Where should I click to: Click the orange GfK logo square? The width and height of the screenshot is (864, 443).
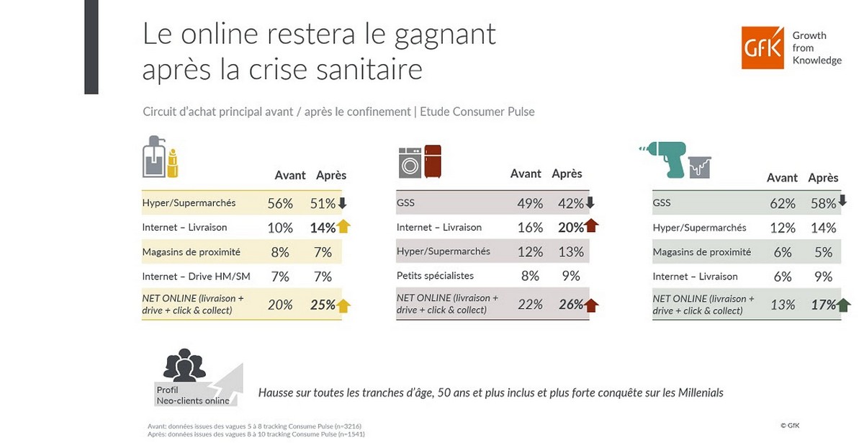(762, 48)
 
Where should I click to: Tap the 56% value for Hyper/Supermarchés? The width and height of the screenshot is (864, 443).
(280, 204)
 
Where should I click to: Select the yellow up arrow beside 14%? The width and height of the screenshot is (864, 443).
(343, 227)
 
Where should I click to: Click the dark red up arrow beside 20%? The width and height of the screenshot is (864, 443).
(591, 227)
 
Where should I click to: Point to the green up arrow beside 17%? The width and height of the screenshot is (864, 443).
(843, 305)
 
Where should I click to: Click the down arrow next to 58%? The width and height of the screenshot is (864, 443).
(842, 202)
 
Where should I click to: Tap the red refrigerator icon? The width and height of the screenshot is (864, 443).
(432, 161)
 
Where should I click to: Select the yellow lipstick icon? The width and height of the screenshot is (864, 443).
(172, 164)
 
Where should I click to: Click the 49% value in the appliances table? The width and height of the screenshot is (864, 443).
(529, 204)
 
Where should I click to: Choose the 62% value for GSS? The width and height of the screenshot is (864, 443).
(782, 204)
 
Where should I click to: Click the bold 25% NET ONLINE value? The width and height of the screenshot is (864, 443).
(323, 305)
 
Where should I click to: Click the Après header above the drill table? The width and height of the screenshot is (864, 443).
(823, 178)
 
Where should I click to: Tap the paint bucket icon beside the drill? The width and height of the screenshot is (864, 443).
(700, 167)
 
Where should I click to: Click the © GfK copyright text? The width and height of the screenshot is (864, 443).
(790, 425)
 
